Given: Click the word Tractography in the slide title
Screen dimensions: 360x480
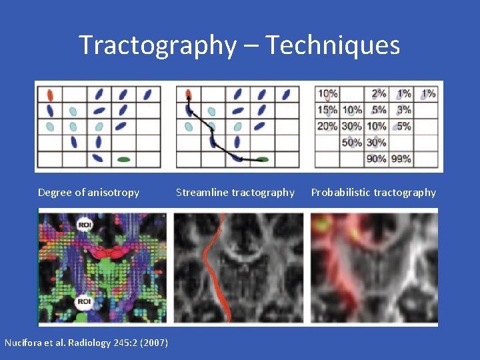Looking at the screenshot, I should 157,45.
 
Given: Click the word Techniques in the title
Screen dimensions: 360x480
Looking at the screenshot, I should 333,45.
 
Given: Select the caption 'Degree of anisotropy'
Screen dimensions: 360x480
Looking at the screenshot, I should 89,193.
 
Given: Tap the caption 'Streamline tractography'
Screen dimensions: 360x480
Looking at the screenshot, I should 235,193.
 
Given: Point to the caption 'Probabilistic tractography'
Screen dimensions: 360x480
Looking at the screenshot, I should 373,193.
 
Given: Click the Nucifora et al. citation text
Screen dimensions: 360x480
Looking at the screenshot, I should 86,343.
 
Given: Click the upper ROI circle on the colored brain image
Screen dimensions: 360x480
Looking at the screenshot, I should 84,225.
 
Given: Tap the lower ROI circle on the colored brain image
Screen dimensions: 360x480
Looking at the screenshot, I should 84,302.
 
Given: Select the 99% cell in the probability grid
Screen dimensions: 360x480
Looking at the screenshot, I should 402,159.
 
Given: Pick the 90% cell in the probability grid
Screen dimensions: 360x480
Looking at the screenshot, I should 377,159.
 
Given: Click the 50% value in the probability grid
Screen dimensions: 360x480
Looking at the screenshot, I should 352,142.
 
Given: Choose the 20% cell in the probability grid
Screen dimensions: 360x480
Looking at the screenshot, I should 327,126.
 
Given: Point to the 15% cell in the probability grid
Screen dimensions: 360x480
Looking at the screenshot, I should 327,110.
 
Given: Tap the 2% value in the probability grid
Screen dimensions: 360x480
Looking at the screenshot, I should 379,94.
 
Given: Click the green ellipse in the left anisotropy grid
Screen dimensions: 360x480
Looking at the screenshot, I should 123,159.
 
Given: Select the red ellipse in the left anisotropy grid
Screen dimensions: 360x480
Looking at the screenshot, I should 50,94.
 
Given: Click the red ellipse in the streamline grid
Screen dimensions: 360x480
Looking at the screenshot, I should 189,94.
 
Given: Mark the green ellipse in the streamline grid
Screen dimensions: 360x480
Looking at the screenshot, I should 262,160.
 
